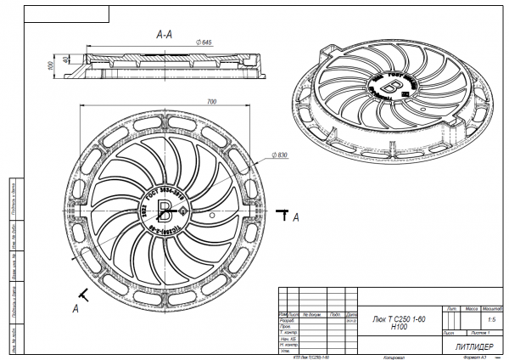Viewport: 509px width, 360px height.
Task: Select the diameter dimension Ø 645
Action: (x=203, y=42)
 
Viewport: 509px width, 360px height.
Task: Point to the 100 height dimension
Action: (x=50, y=64)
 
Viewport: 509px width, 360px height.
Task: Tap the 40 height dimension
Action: (x=67, y=60)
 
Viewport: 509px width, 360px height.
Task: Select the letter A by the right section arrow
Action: (x=296, y=218)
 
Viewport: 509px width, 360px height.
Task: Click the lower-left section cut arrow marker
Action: (x=83, y=295)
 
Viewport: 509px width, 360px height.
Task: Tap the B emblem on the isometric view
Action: (x=391, y=86)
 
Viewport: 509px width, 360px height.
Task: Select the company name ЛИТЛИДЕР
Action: (x=464, y=347)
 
